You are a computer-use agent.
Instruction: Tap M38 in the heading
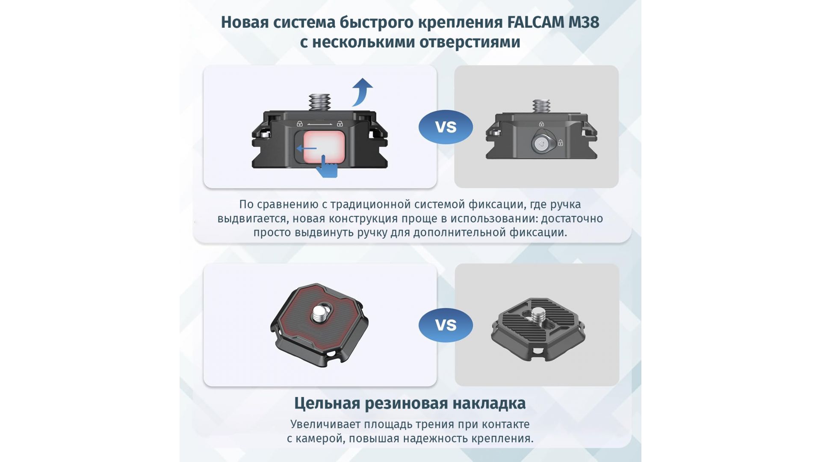tap(584, 22)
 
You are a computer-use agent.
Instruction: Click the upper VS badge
tap(446, 127)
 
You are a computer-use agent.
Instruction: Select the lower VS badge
tap(446, 325)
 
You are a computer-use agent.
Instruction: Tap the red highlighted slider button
tap(324, 147)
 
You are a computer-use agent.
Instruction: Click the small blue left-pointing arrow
tap(307, 148)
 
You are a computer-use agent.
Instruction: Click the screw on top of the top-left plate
tap(320, 103)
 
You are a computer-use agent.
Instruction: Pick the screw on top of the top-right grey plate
tap(541, 107)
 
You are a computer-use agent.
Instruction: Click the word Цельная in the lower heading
tap(327, 403)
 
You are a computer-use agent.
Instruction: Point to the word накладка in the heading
tap(489, 403)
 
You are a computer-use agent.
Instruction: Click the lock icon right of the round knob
tap(560, 142)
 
